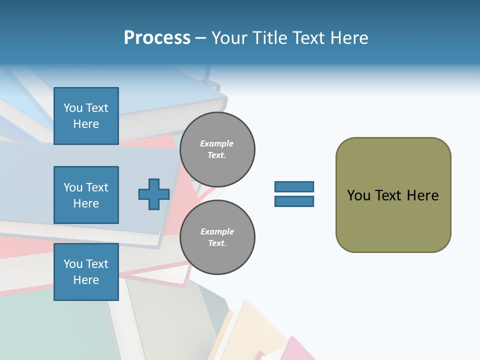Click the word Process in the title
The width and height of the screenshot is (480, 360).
pos(157,38)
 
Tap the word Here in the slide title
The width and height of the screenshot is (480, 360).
pos(348,38)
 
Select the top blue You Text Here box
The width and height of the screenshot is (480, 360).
pos(86,116)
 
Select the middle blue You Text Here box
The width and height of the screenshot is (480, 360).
pos(86,195)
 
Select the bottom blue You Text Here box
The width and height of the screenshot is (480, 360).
pos(86,272)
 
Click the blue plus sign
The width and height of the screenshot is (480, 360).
pos(153,194)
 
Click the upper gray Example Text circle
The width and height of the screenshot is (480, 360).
pos(217,149)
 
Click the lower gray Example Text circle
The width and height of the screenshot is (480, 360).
pos(217,237)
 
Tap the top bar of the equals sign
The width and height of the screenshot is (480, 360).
pos(294,187)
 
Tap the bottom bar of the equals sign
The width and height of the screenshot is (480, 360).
pos(294,201)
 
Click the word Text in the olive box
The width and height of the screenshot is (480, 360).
pos(388,195)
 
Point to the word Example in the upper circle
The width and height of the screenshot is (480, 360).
pos(217,143)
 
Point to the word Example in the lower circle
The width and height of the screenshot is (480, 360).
pos(217,231)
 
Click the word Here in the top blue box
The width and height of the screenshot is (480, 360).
pos(86,124)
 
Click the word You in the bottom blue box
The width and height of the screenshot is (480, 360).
pos(73,264)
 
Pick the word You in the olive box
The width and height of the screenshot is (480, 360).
pos(358,195)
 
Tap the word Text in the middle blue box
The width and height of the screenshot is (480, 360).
pos(96,187)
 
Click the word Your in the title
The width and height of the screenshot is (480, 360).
pos(230,38)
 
